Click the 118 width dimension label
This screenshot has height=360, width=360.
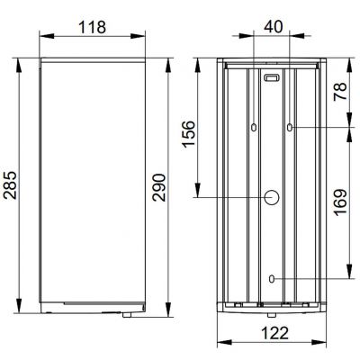[92, 27]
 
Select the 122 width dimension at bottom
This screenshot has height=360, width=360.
[271, 335]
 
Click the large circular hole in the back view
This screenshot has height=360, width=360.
[271, 197]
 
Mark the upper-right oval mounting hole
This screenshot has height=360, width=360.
[289, 128]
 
